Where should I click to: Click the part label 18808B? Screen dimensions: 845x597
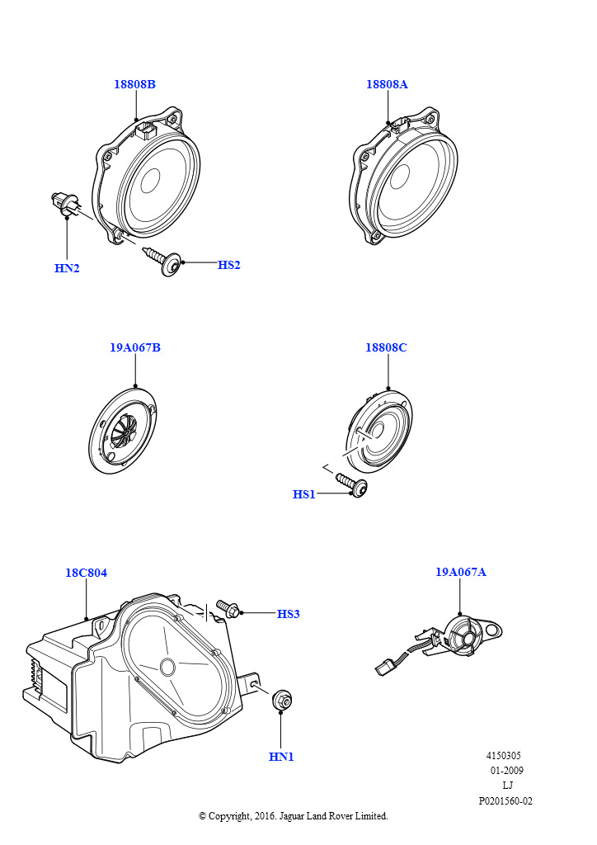pos(134,84)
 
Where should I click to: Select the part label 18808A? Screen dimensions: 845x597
pos(387,84)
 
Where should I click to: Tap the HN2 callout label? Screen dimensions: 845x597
pos(67,268)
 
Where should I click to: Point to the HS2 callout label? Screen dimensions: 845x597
pos(228,265)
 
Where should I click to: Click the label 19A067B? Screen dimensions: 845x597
pos(135,347)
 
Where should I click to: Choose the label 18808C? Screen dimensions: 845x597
pos(386,347)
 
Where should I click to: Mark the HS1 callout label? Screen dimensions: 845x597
pos(304,494)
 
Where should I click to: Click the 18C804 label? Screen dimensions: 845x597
pos(86,573)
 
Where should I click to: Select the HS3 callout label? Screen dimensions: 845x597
pos(288,614)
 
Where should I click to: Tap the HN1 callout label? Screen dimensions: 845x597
pos(281,757)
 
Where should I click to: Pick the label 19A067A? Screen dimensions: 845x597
pos(461,571)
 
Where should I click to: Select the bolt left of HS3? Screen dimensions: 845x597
pos(228,609)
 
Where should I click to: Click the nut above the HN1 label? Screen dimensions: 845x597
pos(282,700)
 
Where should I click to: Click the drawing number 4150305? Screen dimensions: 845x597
pos(503,756)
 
